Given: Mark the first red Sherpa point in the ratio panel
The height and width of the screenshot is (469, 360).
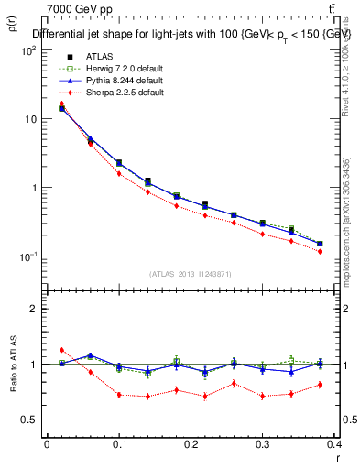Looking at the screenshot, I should pos(61,350).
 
